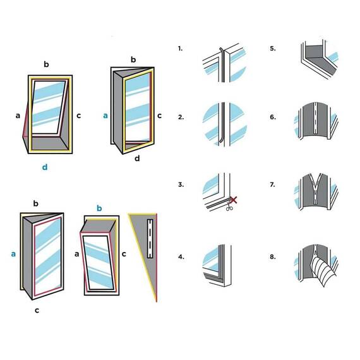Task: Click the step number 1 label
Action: [x=180, y=49]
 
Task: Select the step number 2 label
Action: [x=181, y=117]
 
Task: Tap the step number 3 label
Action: [x=181, y=184]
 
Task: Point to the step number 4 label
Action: [x=181, y=256]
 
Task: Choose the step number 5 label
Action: [x=273, y=49]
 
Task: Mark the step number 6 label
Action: [x=273, y=117]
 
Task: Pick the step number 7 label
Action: [x=272, y=184]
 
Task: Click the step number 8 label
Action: [x=273, y=256]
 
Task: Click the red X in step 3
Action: [x=233, y=200]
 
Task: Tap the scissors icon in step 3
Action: [x=229, y=206]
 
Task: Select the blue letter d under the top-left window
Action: [x=45, y=167]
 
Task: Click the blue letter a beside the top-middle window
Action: [x=105, y=116]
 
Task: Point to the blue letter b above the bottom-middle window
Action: [x=99, y=208]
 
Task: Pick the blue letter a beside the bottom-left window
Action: [x=13, y=254]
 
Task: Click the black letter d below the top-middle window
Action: [x=137, y=158]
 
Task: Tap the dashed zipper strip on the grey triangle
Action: [x=150, y=239]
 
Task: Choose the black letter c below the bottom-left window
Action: [x=37, y=310]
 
